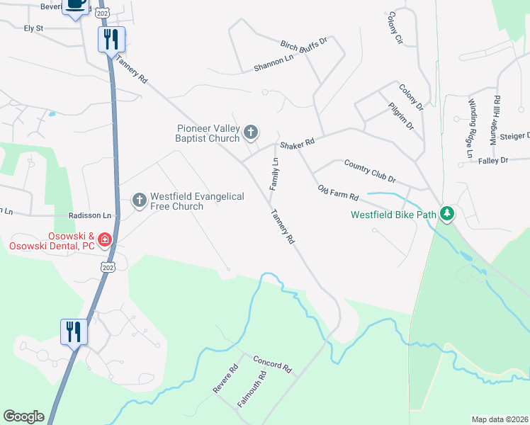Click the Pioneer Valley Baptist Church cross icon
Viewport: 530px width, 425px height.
tap(251, 132)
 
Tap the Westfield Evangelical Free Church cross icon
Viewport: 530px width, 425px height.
tap(140, 200)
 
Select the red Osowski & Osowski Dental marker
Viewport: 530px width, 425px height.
tap(105, 239)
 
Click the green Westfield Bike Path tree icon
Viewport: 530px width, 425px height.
tap(446, 212)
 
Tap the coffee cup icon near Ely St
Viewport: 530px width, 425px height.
tap(76, 6)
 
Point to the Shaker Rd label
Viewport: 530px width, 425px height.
tap(296, 144)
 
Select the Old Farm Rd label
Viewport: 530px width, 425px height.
tap(338, 192)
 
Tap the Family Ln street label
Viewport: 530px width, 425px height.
tap(274, 174)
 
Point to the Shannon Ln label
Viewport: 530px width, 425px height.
tap(274, 64)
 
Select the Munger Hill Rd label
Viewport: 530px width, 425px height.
tap(496, 120)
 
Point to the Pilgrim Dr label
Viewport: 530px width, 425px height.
tap(401, 115)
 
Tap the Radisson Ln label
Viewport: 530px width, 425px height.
tap(90, 215)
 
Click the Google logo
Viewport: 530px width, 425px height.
tap(23, 416)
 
